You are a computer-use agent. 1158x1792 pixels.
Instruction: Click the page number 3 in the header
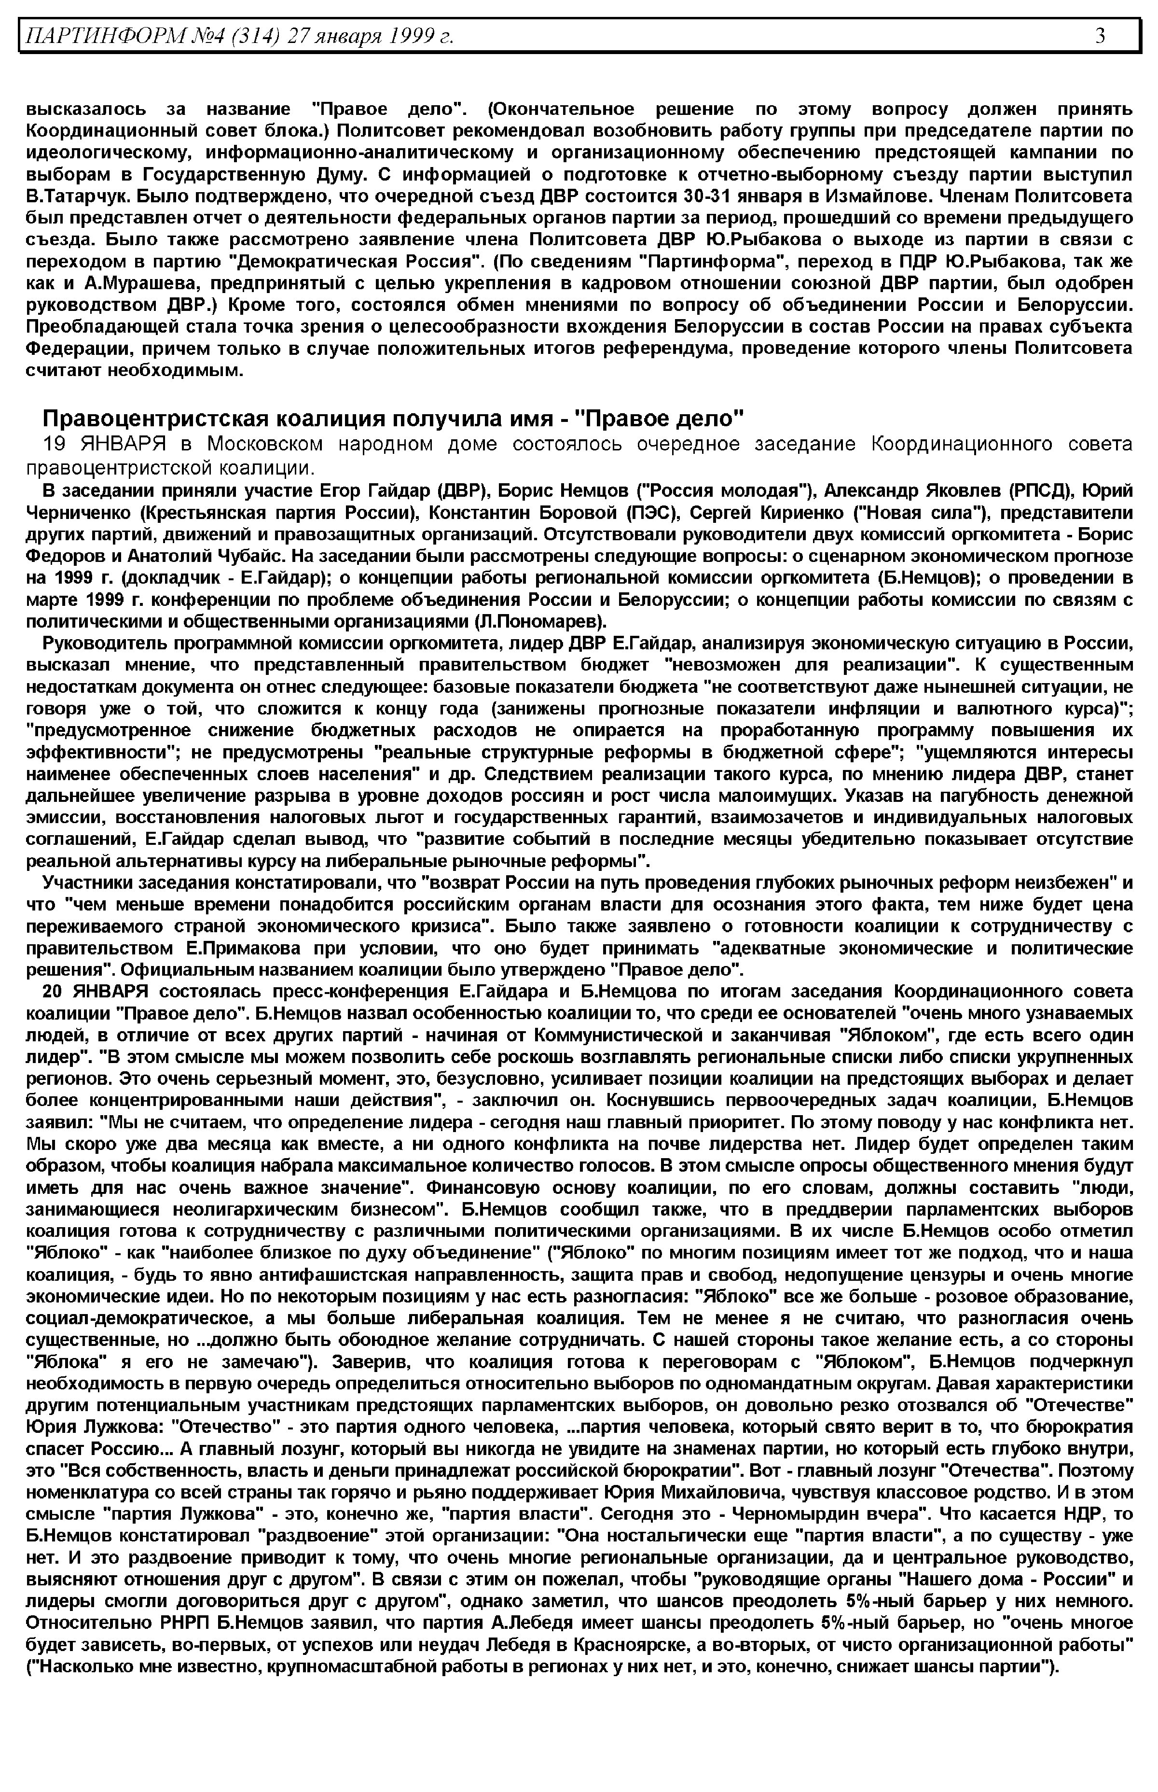[1100, 35]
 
